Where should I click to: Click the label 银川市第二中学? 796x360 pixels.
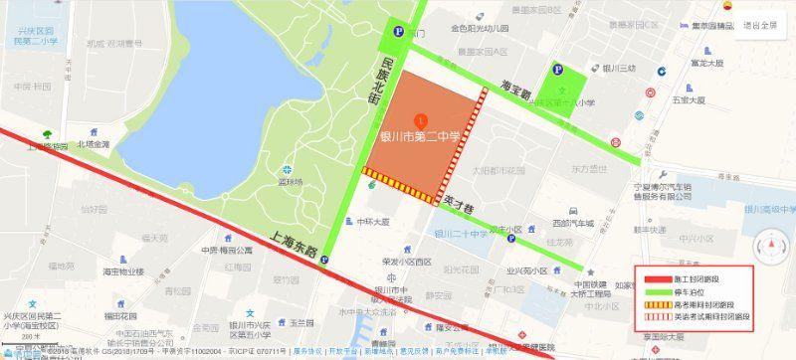(x=422, y=136)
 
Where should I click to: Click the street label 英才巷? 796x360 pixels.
(x=459, y=200)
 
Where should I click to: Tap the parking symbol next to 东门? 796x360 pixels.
(x=397, y=31)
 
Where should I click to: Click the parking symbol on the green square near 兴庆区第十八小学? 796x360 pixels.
(x=557, y=71)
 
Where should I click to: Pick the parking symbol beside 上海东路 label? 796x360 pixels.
(x=325, y=262)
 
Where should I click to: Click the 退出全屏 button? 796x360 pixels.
(x=759, y=25)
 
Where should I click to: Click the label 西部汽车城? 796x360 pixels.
(x=572, y=223)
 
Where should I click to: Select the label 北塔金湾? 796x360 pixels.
(x=94, y=143)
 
